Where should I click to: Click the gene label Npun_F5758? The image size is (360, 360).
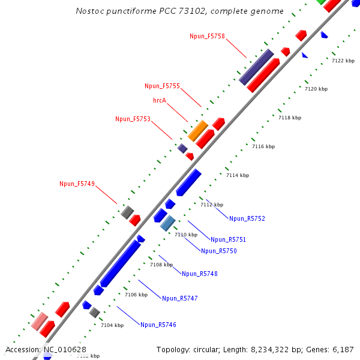tap(207, 37)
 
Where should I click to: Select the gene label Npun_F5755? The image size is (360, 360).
tap(162, 86)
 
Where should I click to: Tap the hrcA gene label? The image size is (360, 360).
tap(159, 100)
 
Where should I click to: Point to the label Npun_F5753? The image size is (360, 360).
tap(133, 119)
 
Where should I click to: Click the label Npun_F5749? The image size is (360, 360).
tap(77, 184)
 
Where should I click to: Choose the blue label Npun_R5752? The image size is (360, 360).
tap(247, 219)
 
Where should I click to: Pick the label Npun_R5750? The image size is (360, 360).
tap(218, 251)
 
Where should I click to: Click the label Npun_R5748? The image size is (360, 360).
tap(199, 274)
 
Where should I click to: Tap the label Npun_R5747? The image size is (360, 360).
tap(179, 298)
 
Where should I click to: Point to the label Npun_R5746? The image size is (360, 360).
tap(158, 325)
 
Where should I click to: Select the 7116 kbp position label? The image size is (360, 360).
tap(263, 146)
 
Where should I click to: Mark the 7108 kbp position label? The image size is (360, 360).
tap(161, 265)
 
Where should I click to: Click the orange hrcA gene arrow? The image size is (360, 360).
tap(198, 130)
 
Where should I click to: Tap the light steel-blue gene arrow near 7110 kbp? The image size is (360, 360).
tap(167, 223)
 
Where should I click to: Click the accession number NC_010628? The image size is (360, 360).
tap(64, 349)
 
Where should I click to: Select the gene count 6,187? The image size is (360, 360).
tap(342, 349)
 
